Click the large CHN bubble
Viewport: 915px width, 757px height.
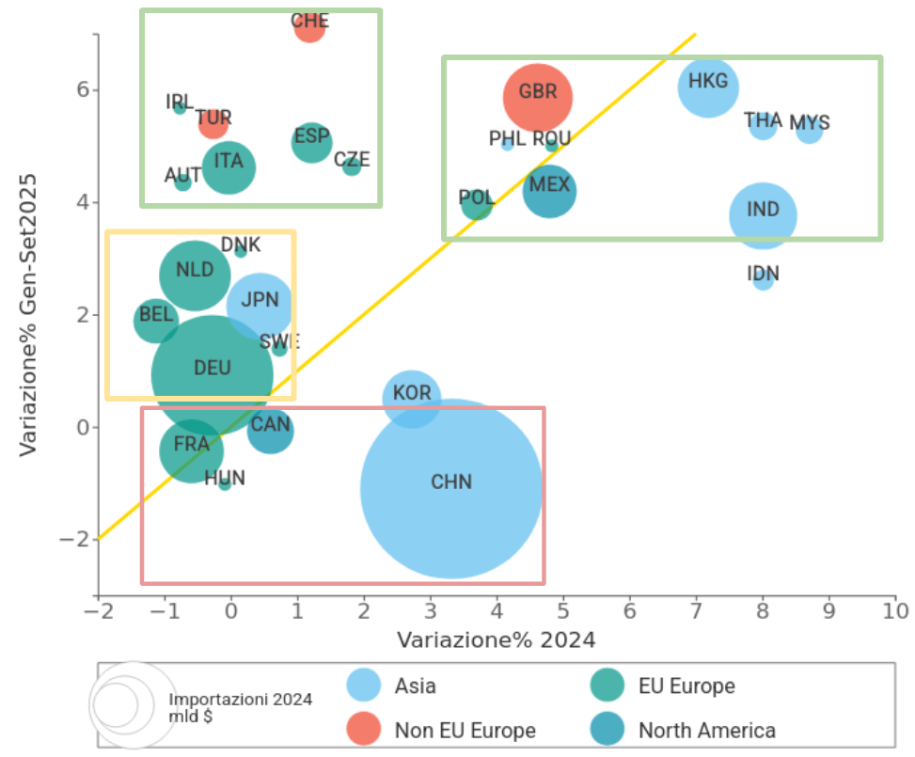(451, 489)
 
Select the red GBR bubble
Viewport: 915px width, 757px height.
(538, 96)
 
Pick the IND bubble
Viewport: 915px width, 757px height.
(763, 215)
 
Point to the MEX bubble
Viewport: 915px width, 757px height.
(549, 191)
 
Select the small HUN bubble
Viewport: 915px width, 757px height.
(225, 483)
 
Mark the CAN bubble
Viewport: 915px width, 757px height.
(270, 431)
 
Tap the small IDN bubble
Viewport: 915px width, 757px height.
(763, 278)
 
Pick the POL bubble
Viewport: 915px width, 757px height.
(477, 203)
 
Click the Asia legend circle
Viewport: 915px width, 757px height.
(364, 686)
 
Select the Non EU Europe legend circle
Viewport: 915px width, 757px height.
(364, 730)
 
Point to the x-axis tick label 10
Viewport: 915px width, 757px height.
(894, 611)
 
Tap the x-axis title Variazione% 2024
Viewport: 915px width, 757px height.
(496, 640)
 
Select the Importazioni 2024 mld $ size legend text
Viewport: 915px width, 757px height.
(241, 708)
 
